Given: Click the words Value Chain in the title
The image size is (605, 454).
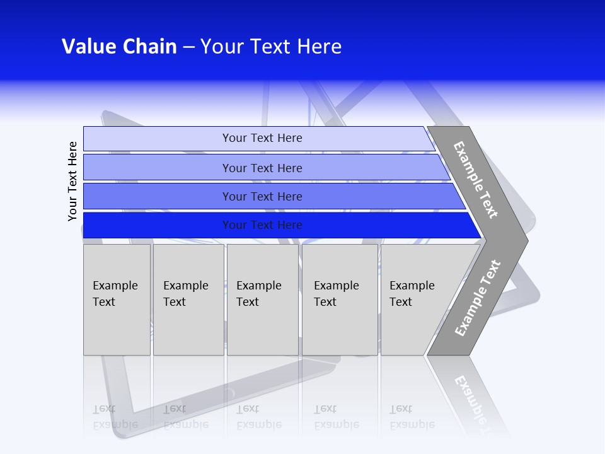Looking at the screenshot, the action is (119, 47).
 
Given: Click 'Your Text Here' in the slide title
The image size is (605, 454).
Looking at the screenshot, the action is (271, 47).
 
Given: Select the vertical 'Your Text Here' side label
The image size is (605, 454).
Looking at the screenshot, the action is (73, 182).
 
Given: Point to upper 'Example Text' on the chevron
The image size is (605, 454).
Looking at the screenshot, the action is (476, 180).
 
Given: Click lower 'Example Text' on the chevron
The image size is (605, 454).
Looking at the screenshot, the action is (478, 298).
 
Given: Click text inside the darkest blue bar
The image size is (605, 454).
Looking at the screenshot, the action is (262, 225).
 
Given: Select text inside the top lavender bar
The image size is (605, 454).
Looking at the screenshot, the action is (262, 138).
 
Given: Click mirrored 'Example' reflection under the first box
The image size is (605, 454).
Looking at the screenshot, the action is (115, 424).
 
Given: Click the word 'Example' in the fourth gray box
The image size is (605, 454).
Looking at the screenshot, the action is (336, 286).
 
